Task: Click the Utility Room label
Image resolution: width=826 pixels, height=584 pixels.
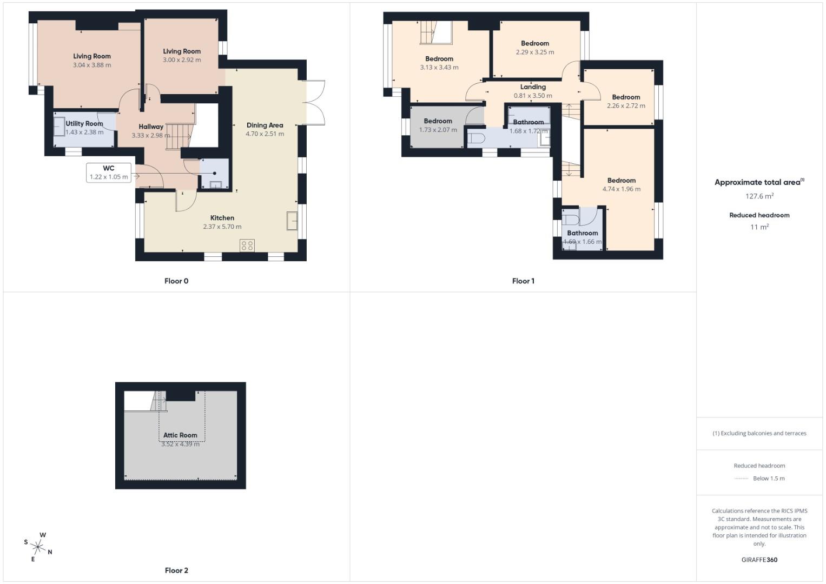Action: point(84,123)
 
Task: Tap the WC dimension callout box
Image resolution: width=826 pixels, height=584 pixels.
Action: point(109,172)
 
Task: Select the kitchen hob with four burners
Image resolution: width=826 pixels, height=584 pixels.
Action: point(247,245)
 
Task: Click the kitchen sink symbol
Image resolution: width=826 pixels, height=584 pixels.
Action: point(292,221)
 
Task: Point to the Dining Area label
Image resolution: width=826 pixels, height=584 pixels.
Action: point(265,125)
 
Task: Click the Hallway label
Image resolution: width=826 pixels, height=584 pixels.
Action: point(151,127)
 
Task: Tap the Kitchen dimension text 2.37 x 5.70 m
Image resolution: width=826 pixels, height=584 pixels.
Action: point(222,227)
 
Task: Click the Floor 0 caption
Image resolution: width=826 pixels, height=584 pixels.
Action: point(176,281)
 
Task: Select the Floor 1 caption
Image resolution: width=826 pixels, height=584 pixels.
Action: point(523,281)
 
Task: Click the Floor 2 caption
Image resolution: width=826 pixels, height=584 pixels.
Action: point(176,570)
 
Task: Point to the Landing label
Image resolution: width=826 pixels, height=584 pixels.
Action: point(533,87)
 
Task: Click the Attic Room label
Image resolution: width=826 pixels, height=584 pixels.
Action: point(180,435)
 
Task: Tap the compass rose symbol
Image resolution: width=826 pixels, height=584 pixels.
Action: point(38,547)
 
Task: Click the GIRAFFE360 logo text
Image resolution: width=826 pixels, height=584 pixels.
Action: point(759,560)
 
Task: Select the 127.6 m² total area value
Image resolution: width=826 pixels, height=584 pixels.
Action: point(759,196)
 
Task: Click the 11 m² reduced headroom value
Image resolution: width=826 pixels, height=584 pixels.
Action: point(759,227)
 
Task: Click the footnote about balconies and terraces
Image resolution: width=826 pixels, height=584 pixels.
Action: point(759,433)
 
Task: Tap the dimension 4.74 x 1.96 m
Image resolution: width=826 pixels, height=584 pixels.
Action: point(622,189)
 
